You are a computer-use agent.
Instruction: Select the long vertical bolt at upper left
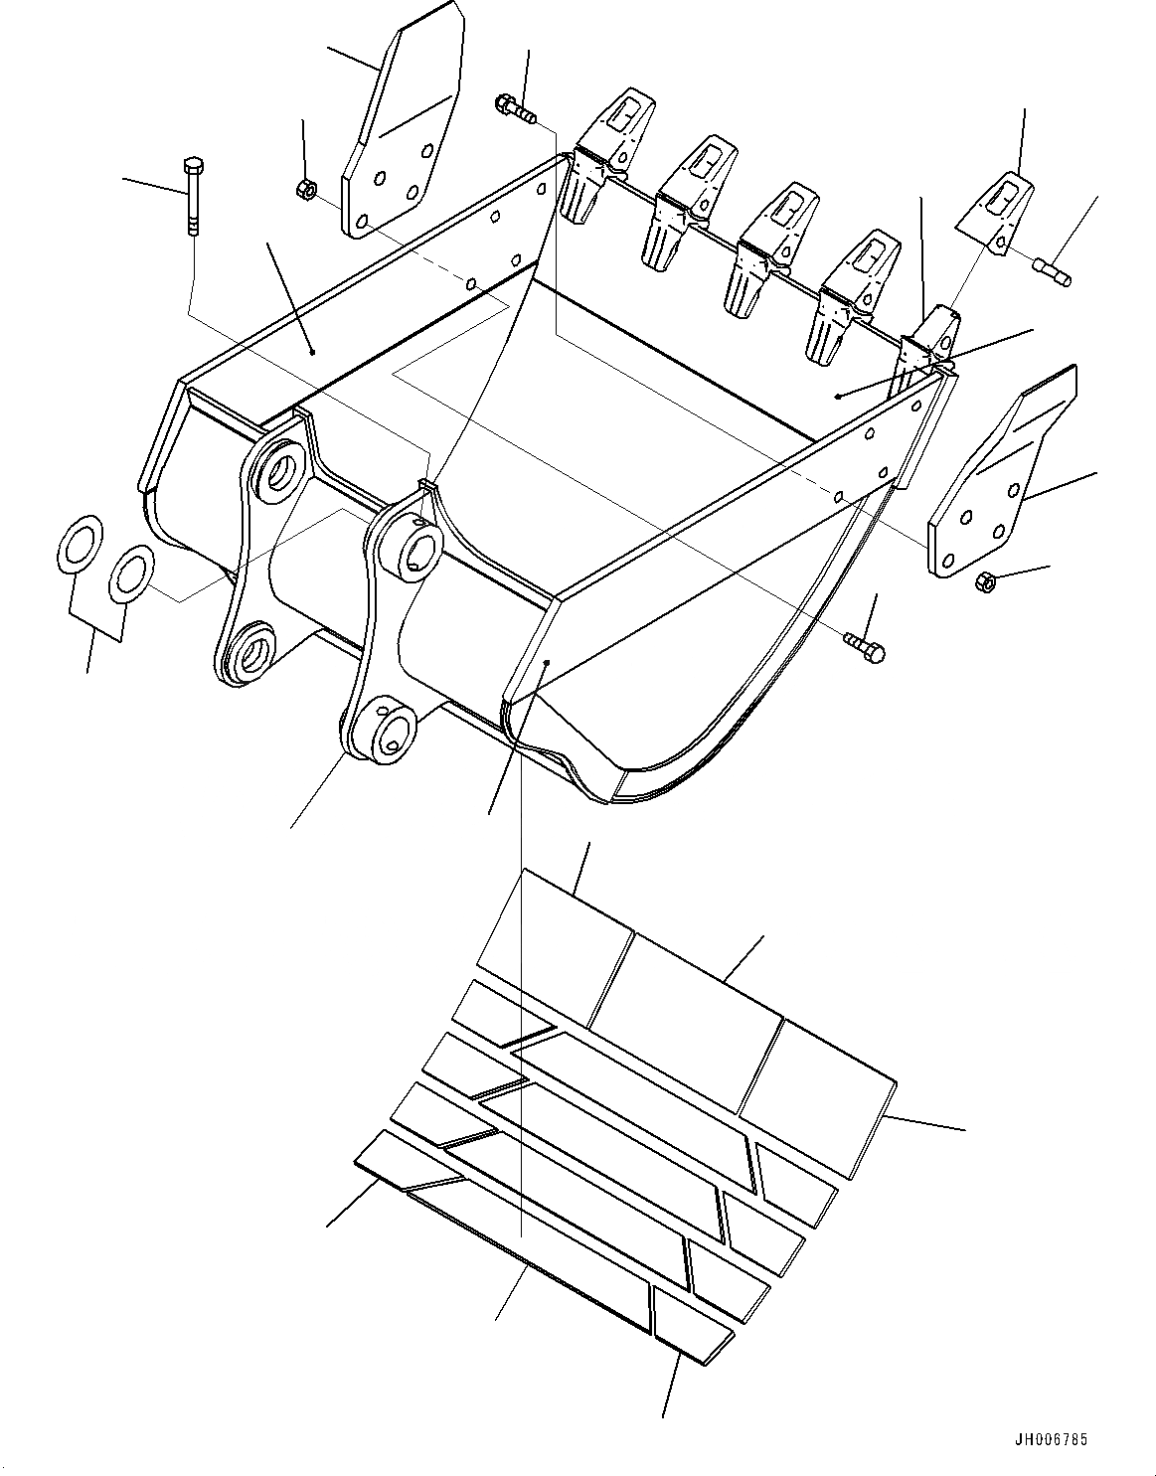[x=192, y=196]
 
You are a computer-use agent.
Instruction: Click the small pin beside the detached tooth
[x=1053, y=272]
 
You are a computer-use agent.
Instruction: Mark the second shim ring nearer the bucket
[x=131, y=574]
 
